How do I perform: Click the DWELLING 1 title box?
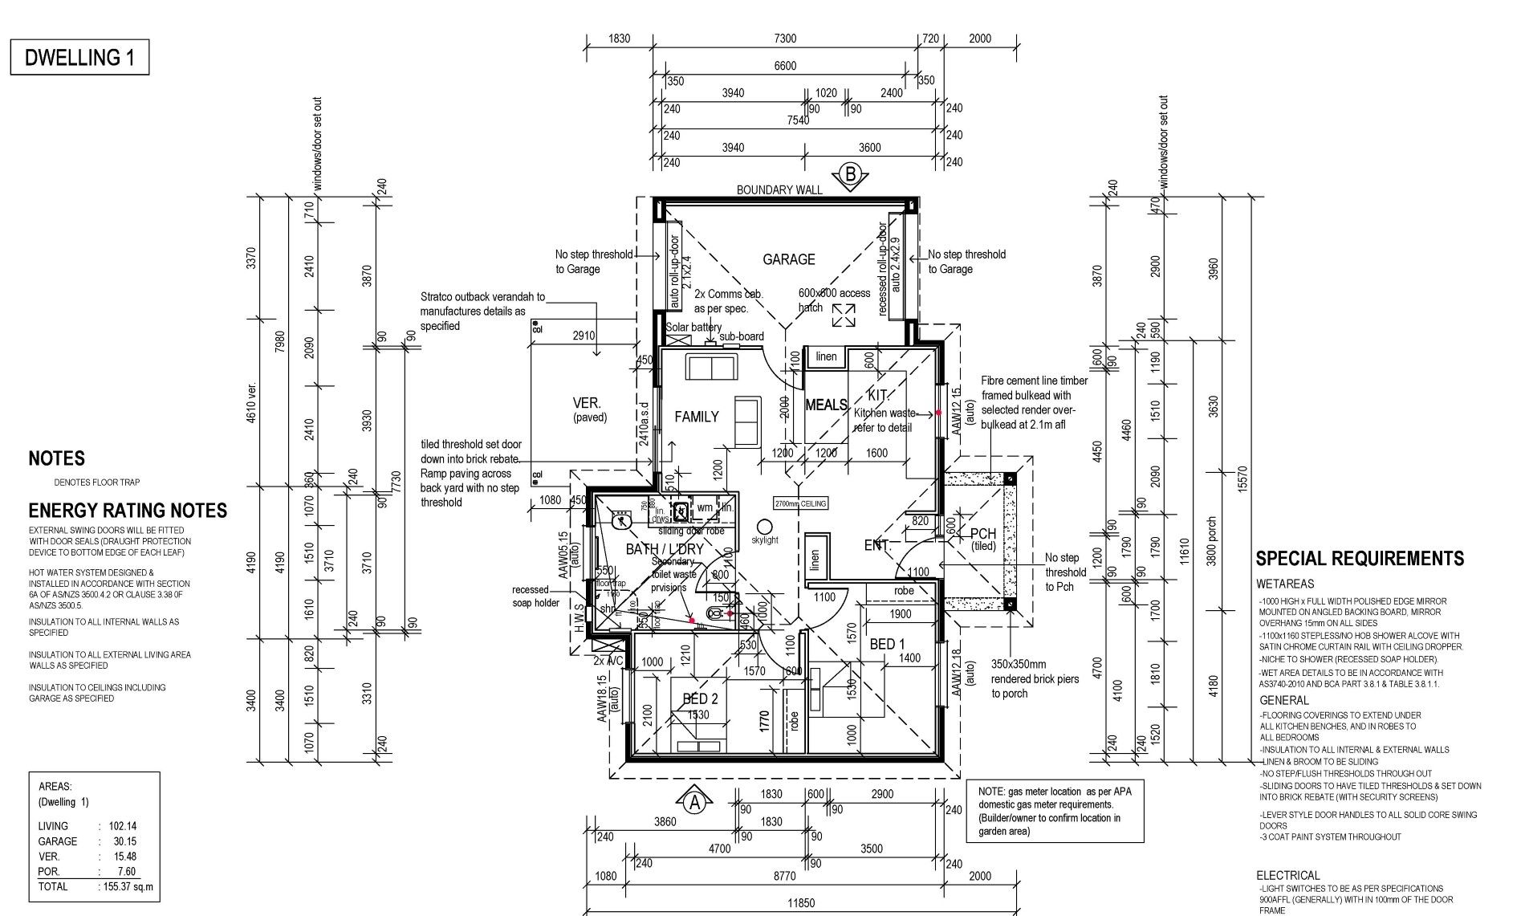pos(79,58)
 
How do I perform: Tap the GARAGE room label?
pos(788,259)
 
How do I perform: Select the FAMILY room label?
pos(696,417)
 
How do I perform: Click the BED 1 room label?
pos(887,644)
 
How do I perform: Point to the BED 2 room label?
pos(700,698)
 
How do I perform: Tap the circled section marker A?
pos(696,801)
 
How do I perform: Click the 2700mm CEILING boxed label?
pos(799,503)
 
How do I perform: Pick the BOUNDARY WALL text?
pos(779,190)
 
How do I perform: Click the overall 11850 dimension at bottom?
pos(800,903)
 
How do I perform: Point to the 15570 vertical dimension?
pos(1243,479)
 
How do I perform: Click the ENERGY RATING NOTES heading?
pos(128,511)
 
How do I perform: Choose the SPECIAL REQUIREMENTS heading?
pos(1371,559)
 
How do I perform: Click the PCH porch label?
pos(983,534)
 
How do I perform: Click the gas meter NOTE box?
pos(1055,811)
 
